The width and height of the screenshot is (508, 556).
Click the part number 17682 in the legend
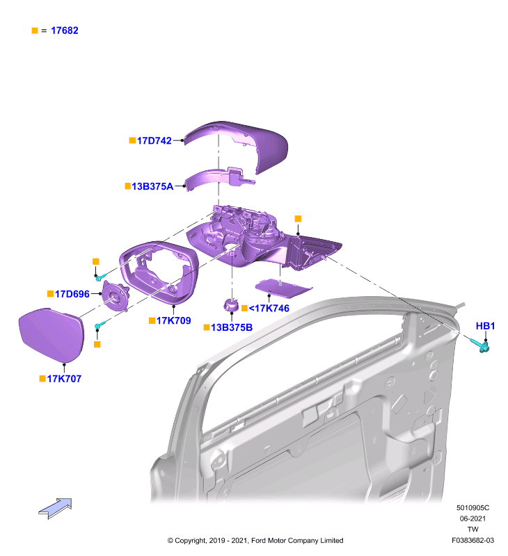pos(65,31)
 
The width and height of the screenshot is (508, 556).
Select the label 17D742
pos(154,141)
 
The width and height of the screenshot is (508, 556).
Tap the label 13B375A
pos(152,186)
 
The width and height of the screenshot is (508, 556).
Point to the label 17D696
pos(72,294)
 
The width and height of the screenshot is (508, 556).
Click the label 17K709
pos(173,320)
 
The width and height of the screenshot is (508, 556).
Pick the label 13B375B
pos(232,327)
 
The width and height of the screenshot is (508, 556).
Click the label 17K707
pos(64,379)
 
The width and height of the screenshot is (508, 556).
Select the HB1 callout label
pos(485,326)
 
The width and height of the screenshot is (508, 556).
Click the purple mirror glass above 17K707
pos(51,334)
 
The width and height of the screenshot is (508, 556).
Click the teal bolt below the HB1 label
pos(480,345)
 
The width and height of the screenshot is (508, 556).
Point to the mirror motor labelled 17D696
pos(116,296)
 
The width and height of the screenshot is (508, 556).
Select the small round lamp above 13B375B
pos(231,305)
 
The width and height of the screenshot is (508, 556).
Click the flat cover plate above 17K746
pos(284,288)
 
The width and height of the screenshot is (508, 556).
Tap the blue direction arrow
pos(56,509)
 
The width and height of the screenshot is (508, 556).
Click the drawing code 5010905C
pos(473,508)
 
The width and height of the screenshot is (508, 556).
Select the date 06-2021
pos(473,518)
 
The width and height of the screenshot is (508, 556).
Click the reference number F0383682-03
pos(473,541)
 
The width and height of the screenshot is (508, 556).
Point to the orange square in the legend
pos(35,31)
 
